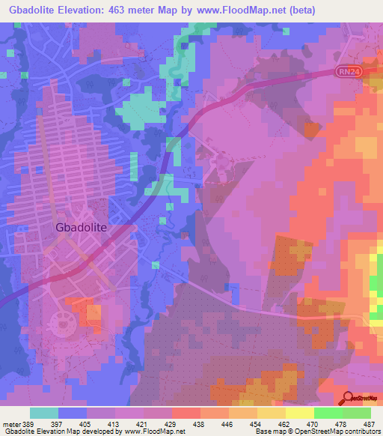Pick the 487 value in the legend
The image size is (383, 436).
pos(370,424)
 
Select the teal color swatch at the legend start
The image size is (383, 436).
pos(44,413)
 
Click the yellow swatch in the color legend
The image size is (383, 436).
pos(271,413)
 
